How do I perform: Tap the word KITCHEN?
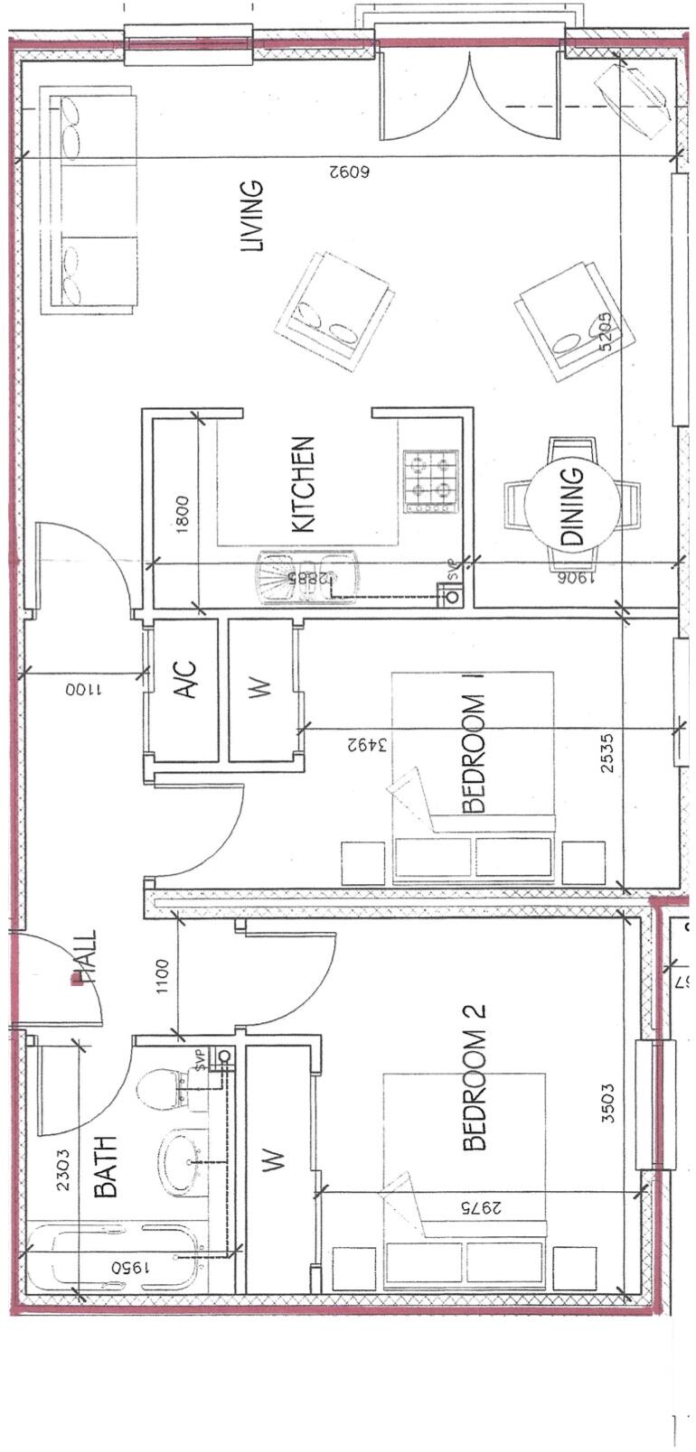click(303, 485)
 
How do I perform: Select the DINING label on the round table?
click(573, 506)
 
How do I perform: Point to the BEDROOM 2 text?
click(475, 1078)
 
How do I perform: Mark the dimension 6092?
click(351, 170)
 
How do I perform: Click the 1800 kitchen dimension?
click(183, 515)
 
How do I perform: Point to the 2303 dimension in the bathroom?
click(63, 1169)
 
